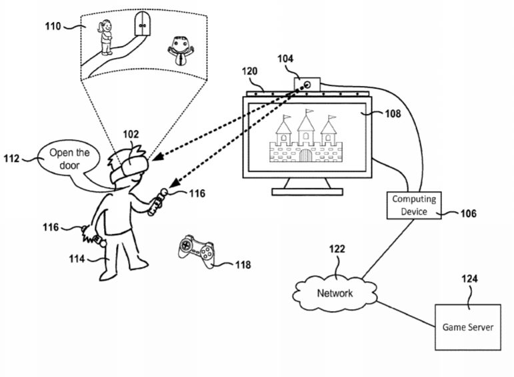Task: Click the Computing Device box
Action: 414,204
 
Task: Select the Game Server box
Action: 468,327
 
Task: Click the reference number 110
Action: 53,26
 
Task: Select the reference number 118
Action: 243,265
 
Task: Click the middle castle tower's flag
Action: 309,111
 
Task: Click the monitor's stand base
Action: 307,192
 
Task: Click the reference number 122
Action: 337,250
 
